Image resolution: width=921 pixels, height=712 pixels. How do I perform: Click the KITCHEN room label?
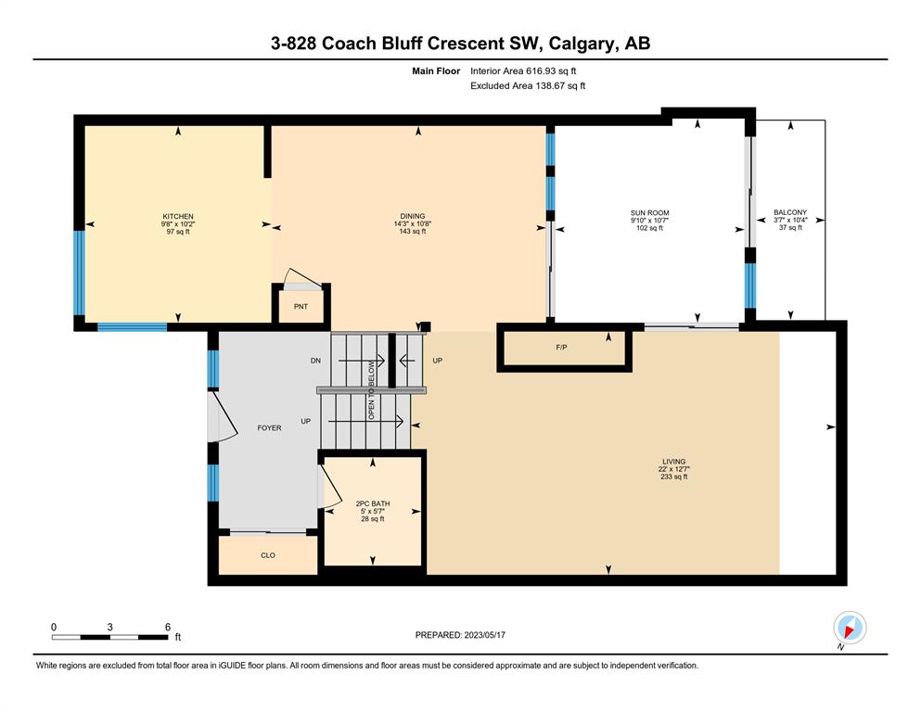point(178,217)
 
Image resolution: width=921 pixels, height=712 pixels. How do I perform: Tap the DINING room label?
point(413,216)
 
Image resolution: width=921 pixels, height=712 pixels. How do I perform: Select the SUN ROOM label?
point(649,213)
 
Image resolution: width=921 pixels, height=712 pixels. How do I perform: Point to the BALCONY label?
point(790,212)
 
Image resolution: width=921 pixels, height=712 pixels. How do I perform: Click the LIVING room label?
point(673,462)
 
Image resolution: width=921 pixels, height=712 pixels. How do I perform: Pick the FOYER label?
point(269,428)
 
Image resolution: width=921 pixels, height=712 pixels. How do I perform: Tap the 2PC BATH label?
point(373,503)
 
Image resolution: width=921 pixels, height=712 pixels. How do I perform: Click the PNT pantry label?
point(301,306)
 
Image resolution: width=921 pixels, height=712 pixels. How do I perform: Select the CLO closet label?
point(268,555)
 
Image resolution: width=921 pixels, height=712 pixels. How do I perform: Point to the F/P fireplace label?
point(561,348)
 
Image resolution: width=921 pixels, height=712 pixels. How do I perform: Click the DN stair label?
point(315,361)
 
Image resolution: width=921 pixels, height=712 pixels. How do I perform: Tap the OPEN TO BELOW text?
point(371,390)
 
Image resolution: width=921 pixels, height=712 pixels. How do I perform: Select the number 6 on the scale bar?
point(167,627)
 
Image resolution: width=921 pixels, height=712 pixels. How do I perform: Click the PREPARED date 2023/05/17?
point(484,635)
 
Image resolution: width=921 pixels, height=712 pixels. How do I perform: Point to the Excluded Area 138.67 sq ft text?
point(528,85)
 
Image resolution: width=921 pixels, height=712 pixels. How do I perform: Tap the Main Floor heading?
point(436,71)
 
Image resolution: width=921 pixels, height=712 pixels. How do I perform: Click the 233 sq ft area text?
point(673,477)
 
